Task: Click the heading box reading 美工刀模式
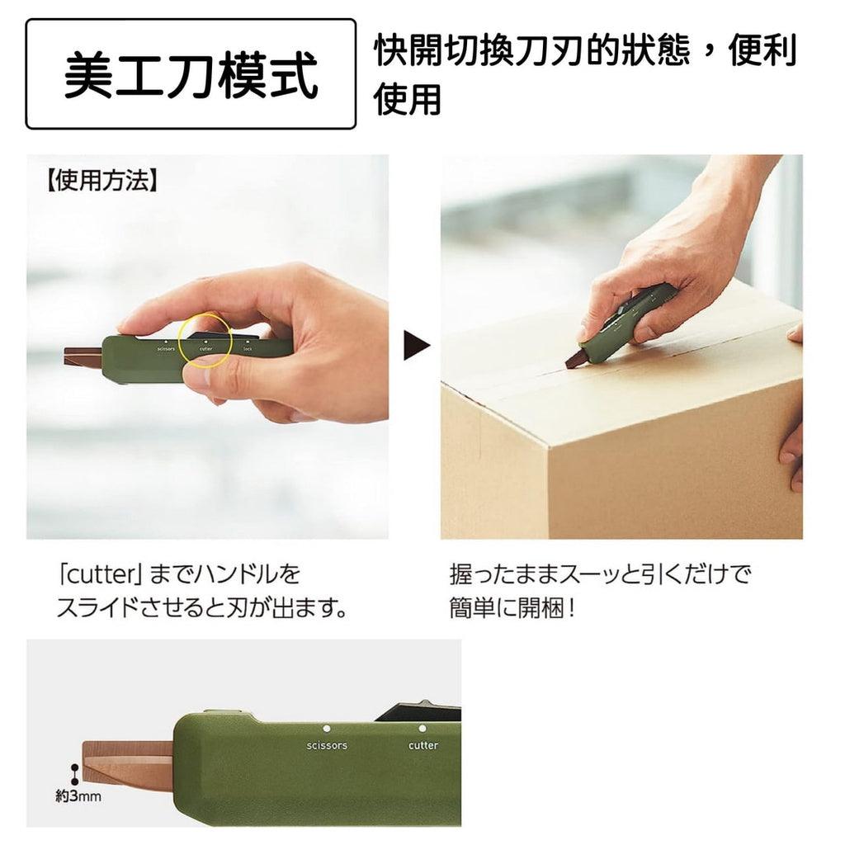click(191, 74)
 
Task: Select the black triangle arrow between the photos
click(416, 347)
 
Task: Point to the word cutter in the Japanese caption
click(94, 573)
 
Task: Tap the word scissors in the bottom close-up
click(327, 745)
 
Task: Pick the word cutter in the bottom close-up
click(423, 745)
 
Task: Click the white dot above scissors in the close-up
click(327, 729)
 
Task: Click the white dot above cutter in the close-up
click(422, 729)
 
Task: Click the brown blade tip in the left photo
click(82, 356)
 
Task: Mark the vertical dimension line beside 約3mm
click(74, 773)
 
